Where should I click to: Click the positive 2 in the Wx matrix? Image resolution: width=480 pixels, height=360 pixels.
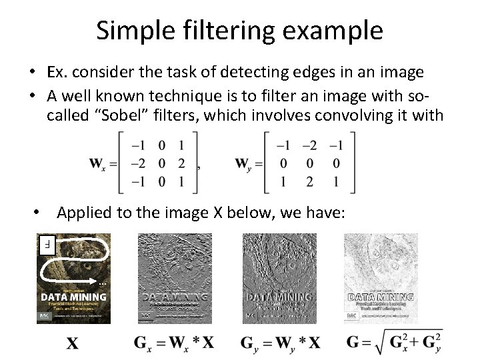pyautogui.click(x=181, y=163)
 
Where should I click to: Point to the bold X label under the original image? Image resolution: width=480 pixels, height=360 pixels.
pyautogui.click(x=73, y=344)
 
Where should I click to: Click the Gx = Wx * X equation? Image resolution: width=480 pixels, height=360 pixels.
pyautogui.click(x=173, y=343)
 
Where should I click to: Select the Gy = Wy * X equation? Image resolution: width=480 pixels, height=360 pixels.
pyautogui.click(x=279, y=343)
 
